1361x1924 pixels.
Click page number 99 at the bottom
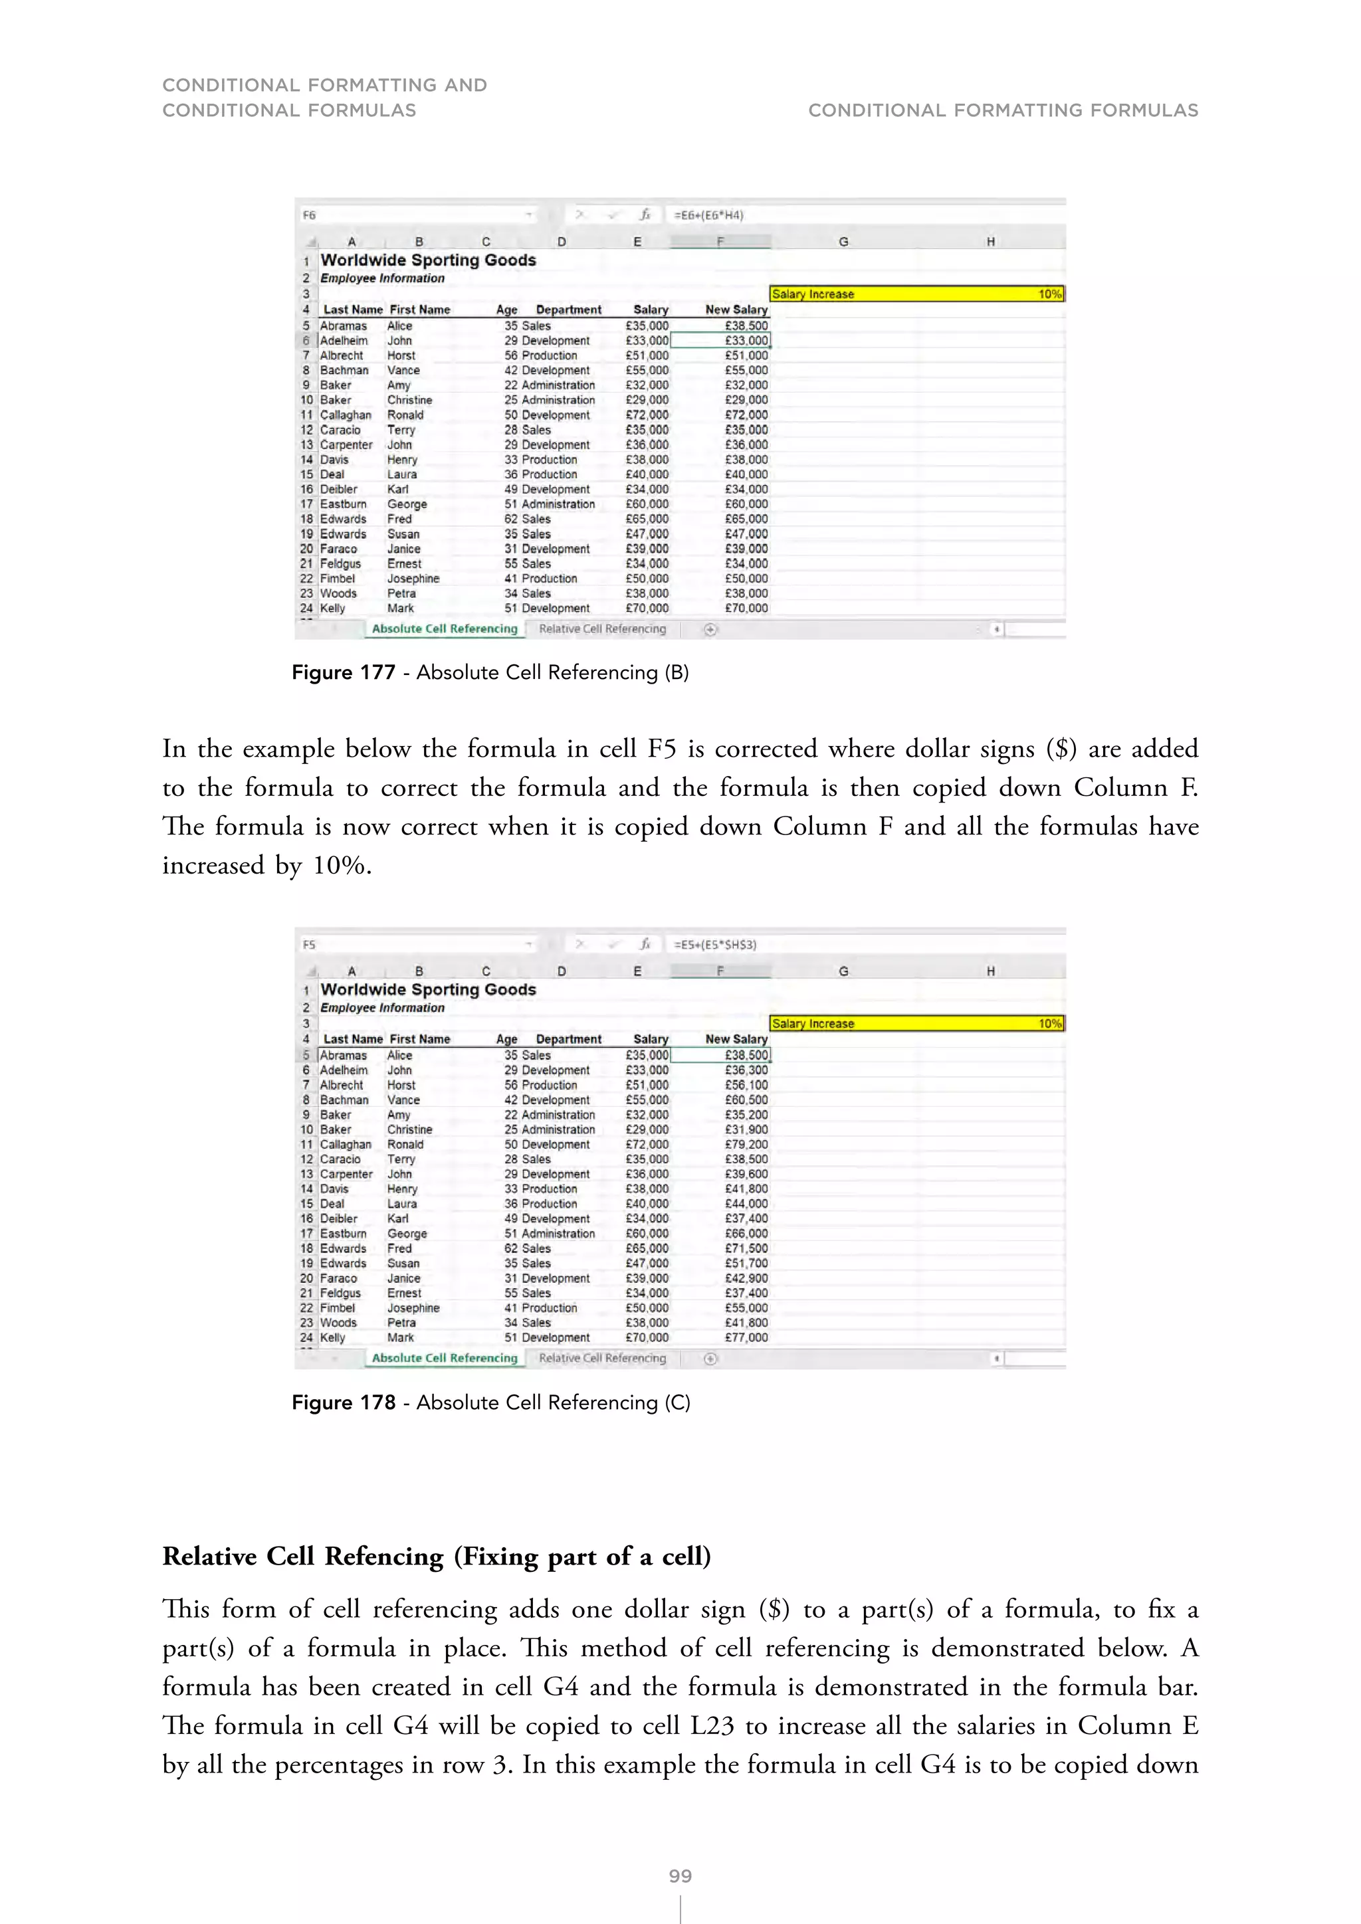pyautogui.click(x=680, y=1876)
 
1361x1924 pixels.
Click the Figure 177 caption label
pyautogui.click(x=344, y=673)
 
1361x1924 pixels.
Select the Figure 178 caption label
pyautogui.click(x=344, y=1402)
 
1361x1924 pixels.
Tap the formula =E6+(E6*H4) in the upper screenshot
pyautogui.click(x=708, y=215)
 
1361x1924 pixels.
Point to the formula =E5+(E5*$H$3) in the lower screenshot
pyautogui.click(x=715, y=945)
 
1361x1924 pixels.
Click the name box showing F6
pyautogui.click(x=310, y=215)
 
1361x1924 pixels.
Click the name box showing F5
pyautogui.click(x=310, y=945)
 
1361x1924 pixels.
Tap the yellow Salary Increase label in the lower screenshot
pyautogui.click(x=812, y=1024)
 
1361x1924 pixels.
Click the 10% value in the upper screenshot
pyautogui.click(x=1049, y=294)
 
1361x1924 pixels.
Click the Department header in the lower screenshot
pyautogui.click(x=568, y=1039)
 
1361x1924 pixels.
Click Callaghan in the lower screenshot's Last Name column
pyautogui.click(x=346, y=1145)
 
